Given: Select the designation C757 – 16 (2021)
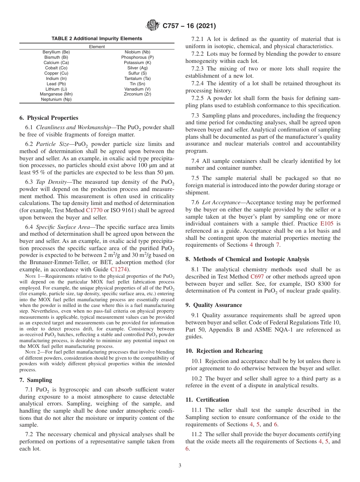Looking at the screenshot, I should tap(189, 26).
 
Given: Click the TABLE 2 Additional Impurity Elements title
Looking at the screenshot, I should tap(97, 39).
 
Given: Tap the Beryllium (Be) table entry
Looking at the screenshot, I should tap(56, 52).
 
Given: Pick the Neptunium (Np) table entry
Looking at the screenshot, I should tap(56, 99).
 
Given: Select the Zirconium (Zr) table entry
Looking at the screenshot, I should tap(137, 94).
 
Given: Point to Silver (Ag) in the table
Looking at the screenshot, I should tap(137, 68).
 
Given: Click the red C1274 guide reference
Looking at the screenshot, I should tap(119, 269).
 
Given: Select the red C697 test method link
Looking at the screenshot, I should tap(258, 277).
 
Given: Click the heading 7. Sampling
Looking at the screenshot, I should tap(36, 380).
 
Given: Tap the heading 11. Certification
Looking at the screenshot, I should tap(207, 400).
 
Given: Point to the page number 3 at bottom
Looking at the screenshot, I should tap(180, 466).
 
